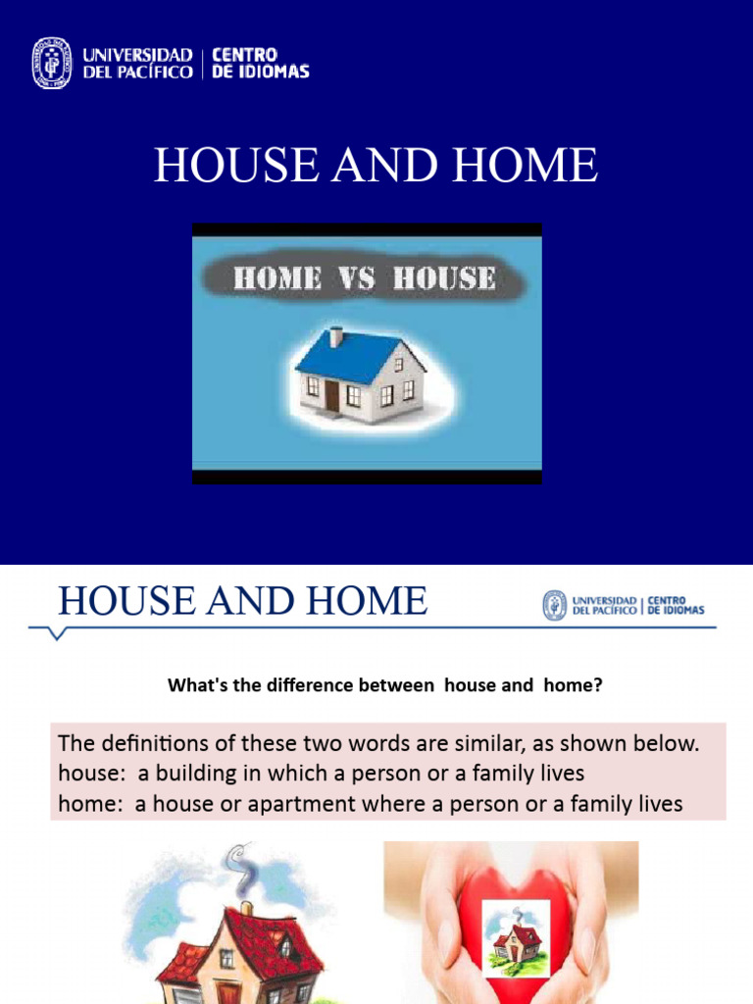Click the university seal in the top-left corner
pos(52,64)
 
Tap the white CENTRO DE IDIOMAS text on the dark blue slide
pos(261,64)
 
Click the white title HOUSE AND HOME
pos(376,165)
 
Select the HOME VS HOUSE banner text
pos(364,278)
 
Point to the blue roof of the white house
pos(348,355)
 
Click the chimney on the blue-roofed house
pos(335,336)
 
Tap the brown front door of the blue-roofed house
pos(332,395)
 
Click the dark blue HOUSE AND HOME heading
pos(242,600)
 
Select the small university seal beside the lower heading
pos(555,606)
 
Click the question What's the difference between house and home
pos(384,686)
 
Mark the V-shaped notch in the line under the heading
pos(57,633)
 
